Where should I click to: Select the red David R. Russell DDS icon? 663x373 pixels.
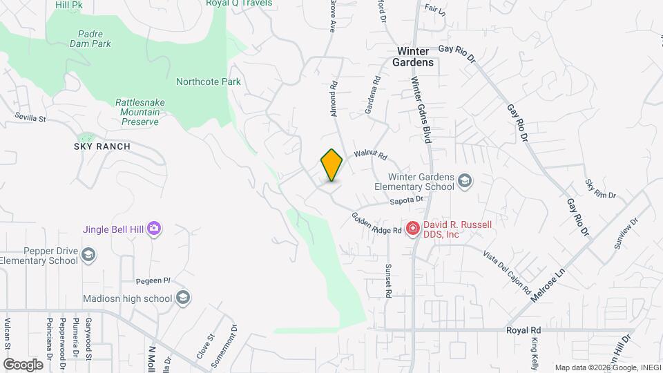coord(412,227)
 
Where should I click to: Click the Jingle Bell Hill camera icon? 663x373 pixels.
coord(154,228)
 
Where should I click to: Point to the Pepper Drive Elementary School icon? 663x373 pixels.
coord(88,256)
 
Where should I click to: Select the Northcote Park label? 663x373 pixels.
coord(208,82)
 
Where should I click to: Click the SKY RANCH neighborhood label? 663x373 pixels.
coord(102,146)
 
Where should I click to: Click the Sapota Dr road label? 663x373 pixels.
coord(406,200)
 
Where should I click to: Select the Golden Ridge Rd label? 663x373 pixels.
coord(376,222)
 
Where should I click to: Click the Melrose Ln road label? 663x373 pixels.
coord(548,284)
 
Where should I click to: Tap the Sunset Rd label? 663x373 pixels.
coord(388,280)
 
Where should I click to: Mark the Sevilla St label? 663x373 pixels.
coord(31,118)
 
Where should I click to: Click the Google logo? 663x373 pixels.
coord(23,364)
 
